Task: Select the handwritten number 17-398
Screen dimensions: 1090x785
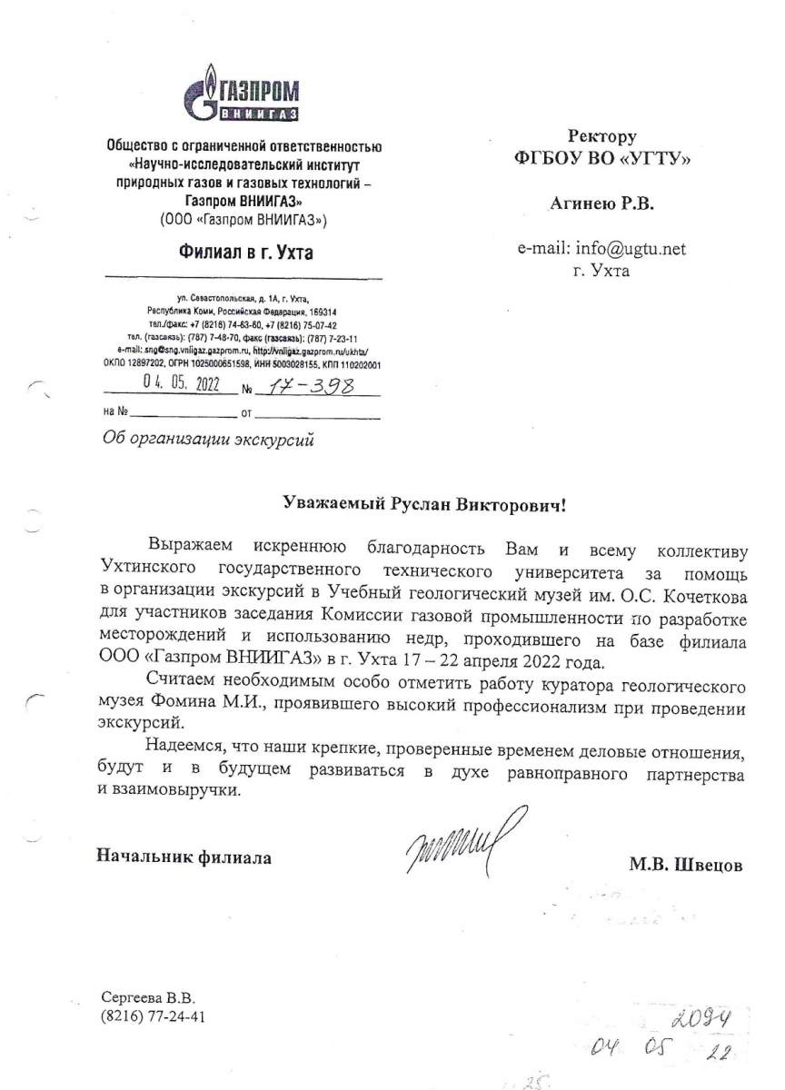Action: [306, 387]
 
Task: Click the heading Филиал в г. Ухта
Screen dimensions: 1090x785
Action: [244, 253]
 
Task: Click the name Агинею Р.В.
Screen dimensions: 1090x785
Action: [601, 203]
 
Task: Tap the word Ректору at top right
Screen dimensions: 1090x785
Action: [602, 136]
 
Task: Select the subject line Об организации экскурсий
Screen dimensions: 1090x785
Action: [209, 441]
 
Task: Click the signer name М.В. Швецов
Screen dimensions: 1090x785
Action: [685, 865]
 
